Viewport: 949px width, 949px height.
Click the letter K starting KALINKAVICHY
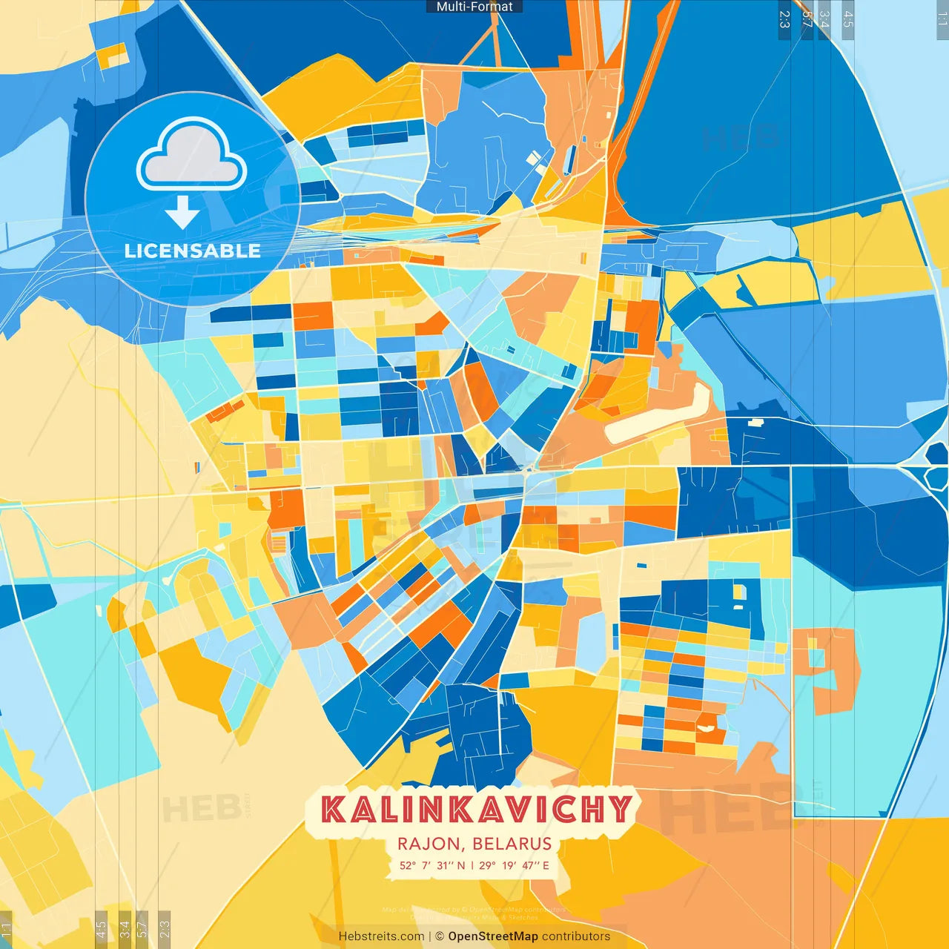point(334,810)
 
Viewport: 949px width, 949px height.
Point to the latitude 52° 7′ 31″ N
point(432,865)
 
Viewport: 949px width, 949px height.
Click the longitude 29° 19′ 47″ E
point(514,865)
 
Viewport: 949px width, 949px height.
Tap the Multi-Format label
point(474,7)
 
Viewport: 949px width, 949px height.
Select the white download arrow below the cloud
point(182,213)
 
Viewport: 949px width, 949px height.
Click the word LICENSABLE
point(192,251)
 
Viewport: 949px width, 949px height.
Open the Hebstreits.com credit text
point(381,936)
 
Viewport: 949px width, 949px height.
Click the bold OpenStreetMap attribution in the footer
point(492,936)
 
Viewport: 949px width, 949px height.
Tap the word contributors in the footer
point(575,936)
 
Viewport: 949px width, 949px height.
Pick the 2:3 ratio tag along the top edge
point(784,19)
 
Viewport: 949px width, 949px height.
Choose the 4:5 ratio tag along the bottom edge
point(101,929)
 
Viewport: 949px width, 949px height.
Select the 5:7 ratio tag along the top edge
point(807,19)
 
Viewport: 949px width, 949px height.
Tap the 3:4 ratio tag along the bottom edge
point(125,929)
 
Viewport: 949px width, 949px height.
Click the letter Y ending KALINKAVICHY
point(618,810)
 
